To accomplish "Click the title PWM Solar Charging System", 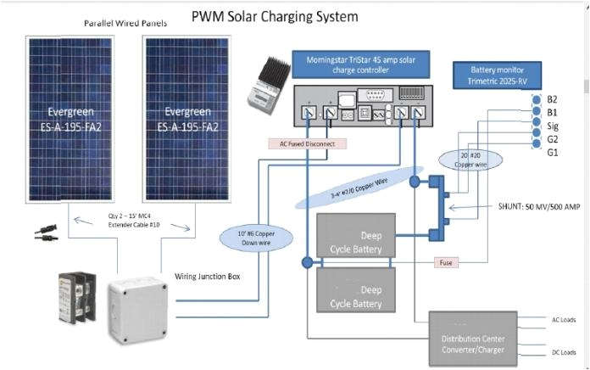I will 275,16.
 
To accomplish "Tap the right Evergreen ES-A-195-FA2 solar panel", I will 190,119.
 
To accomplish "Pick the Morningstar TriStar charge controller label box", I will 361,64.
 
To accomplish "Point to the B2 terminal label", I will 552,98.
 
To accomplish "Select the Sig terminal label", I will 553,125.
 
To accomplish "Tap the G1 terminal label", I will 552,152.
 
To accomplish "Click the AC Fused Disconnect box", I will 307,144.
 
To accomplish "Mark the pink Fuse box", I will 446,263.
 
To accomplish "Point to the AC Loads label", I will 563,320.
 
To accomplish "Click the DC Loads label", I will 563,352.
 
